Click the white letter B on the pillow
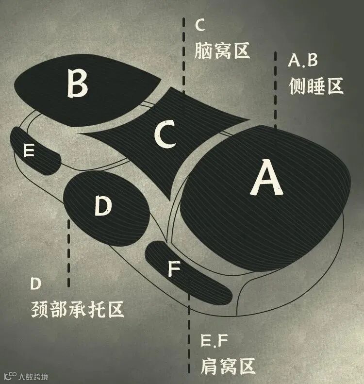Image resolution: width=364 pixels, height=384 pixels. point(77,83)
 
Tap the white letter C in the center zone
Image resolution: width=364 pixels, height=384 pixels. point(165,135)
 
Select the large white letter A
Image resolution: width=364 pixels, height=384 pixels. point(265,179)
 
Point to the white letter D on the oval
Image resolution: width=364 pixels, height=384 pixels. point(103,205)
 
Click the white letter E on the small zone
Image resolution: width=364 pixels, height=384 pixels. point(29,151)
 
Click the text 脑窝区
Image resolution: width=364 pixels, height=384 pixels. point(222,50)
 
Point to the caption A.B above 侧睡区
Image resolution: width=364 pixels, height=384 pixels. point(302,60)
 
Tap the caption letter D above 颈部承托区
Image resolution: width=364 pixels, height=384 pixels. point(35,283)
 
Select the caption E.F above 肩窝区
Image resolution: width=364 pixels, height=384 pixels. point(213,341)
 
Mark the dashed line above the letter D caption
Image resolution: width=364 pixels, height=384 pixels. point(70,252)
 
